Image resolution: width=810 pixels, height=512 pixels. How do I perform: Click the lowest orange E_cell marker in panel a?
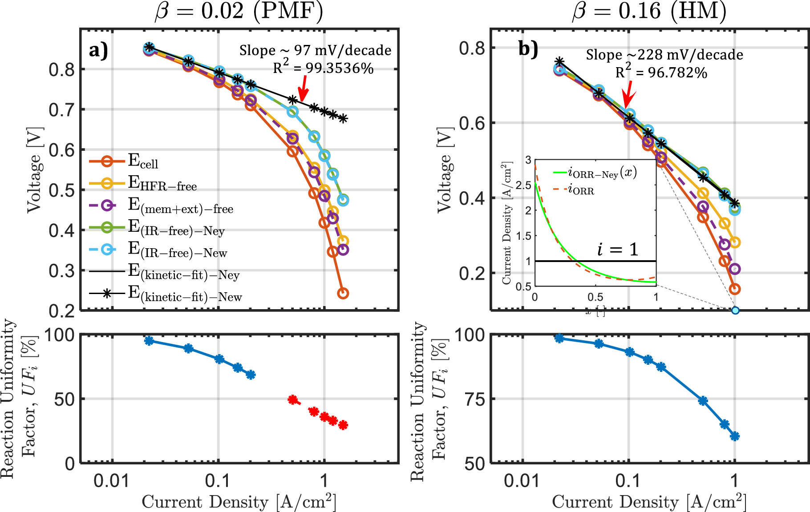coord(343,293)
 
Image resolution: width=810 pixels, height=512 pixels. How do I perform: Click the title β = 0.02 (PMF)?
coord(239,11)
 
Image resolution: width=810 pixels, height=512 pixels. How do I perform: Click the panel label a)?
coord(98,50)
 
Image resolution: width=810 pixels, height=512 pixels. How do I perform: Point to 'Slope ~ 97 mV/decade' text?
coord(315,50)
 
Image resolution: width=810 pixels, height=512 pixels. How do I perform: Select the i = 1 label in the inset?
coord(617,250)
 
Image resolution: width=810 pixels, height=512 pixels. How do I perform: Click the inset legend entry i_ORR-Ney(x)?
coord(602,173)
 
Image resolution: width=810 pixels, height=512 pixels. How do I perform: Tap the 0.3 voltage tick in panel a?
coord(61,270)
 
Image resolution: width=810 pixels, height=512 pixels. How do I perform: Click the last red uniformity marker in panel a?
coord(343,425)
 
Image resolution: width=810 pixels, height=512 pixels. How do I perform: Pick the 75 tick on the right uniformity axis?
coord(474,399)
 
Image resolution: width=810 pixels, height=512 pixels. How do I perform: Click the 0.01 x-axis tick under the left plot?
coord(112,481)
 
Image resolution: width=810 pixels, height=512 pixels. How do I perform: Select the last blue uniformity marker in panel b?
coord(735,436)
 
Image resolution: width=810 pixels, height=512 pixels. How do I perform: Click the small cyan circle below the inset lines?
coord(735,310)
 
